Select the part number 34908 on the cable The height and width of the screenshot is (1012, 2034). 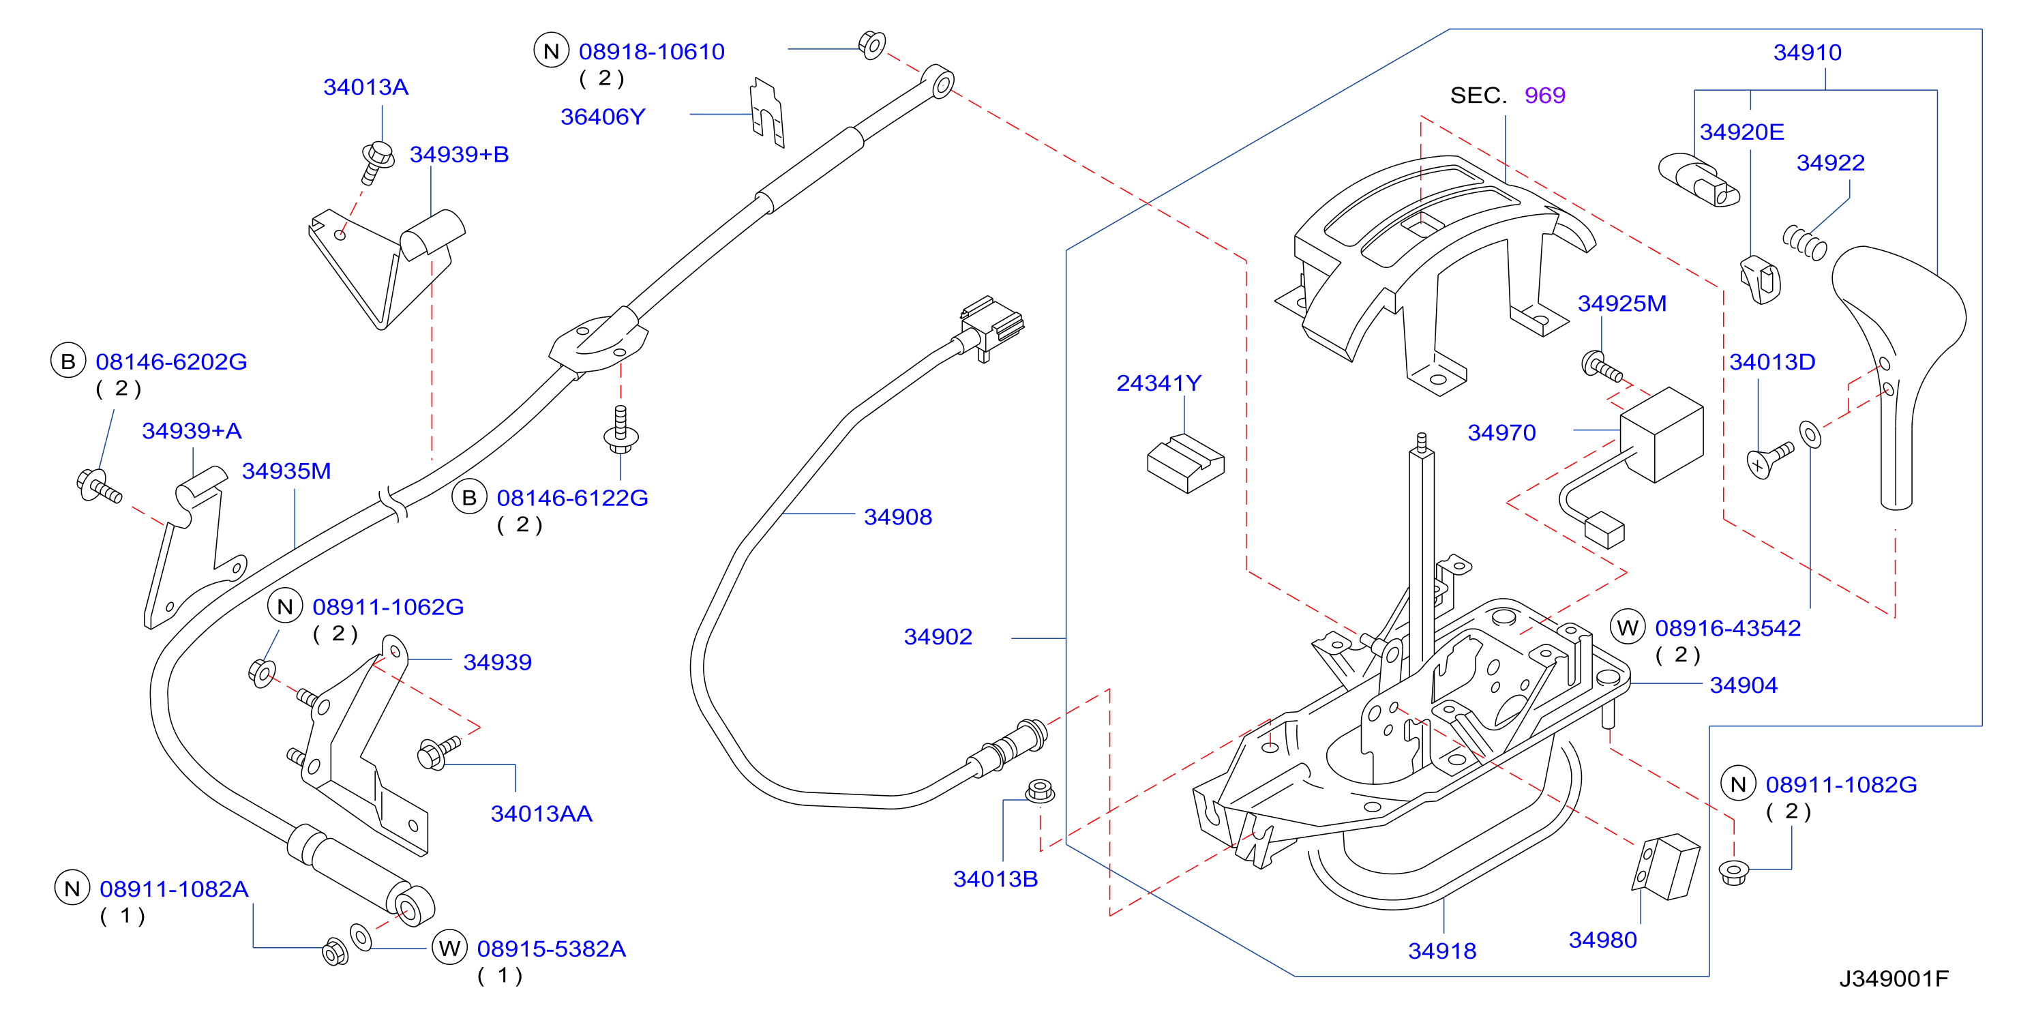point(898,516)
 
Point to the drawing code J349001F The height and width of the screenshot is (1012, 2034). point(1894,978)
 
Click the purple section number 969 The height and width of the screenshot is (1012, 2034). point(1544,95)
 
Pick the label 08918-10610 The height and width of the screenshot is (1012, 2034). point(651,51)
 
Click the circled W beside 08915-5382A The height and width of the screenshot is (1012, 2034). point(449,947)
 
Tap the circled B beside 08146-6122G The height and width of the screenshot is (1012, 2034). point(469,497)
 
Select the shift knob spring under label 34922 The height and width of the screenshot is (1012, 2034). point(1805,241)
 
